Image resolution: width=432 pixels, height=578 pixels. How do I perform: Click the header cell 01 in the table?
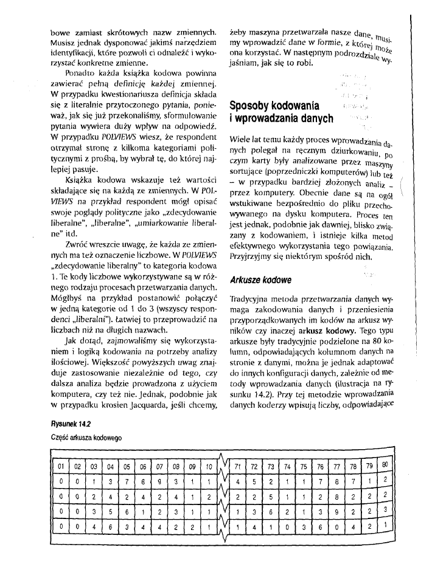coord(60,467)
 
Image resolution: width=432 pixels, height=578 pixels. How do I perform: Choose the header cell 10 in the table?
coord(207,467)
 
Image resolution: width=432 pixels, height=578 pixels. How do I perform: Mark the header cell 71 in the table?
coord(236,466)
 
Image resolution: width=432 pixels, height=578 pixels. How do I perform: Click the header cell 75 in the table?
coord(302,466)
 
